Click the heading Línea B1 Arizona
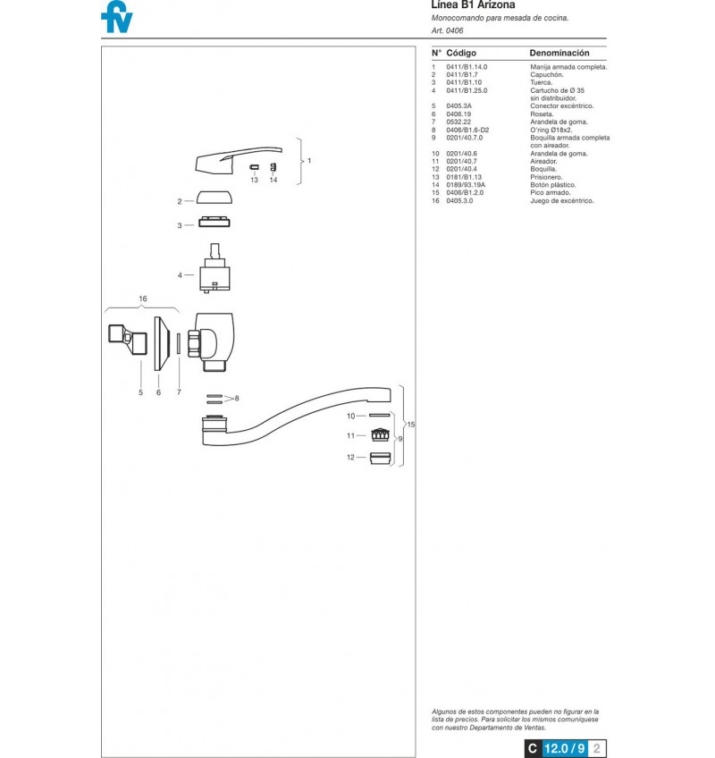pos(473,4)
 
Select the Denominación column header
pos(559,53)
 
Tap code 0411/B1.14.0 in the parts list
pos(467,67)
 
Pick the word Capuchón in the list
pos(547,74)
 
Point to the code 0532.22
pos(458,122)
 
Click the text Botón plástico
pos(553,185)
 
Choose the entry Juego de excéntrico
pos(562,200)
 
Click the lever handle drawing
pos(239,160)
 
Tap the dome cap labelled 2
pos(214,198)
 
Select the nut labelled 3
pos(214,223)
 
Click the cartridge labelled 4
pos(214,268)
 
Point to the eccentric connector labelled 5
pos(127,339)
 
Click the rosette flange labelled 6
pos(162,344)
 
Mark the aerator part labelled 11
pos(380,434)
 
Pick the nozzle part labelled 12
pos(380,458)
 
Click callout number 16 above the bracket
pos(143,299)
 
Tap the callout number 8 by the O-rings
pos(237,399)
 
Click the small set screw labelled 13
pos(255,167)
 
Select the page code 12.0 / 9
pos(564,748)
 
